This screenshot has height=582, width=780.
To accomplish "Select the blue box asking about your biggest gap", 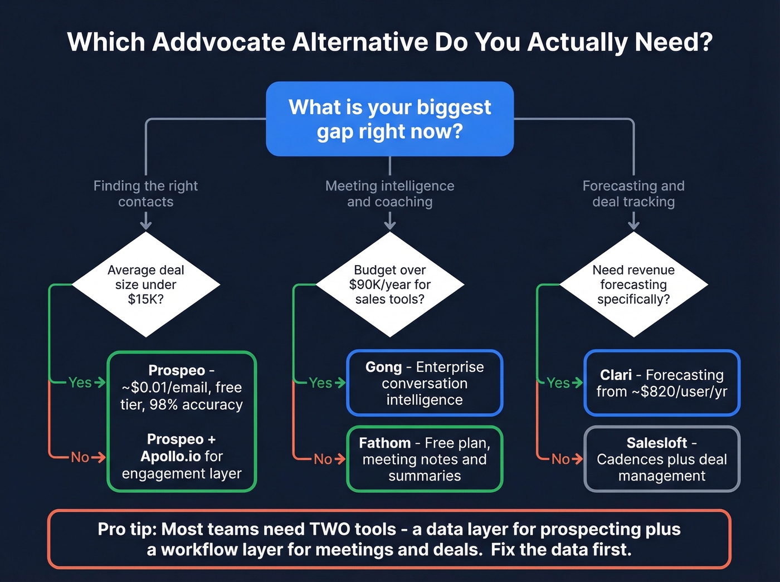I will tap(389, 119).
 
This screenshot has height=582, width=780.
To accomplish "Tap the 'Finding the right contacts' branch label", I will tap(145, 193).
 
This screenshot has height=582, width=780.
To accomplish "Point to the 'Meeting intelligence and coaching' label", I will tap(389, 193).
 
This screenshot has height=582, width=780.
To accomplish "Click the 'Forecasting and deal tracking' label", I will tap(633, 193).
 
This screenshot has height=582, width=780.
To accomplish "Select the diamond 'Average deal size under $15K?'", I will tap(145, 285).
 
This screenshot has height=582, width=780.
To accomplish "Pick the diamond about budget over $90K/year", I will tap(389, 285).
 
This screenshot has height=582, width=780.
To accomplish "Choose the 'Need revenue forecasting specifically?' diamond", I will tap(633, 285).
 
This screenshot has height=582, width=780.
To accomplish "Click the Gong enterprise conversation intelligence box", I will tap(425, 383).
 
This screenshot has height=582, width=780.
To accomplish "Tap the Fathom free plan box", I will tap(425, 459).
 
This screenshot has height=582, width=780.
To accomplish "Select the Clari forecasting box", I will tap(661, 383).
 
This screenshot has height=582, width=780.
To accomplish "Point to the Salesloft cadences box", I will tap(661, 459).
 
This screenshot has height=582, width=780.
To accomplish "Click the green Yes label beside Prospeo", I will tap(80, 383).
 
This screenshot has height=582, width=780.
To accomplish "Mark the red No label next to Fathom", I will tap(323, 459).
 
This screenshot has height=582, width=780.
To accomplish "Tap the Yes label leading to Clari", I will tap(558, 383).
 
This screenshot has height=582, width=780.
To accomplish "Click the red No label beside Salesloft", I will tap(560, 459).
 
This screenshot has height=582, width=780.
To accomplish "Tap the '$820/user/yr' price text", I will tap(684, 392).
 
